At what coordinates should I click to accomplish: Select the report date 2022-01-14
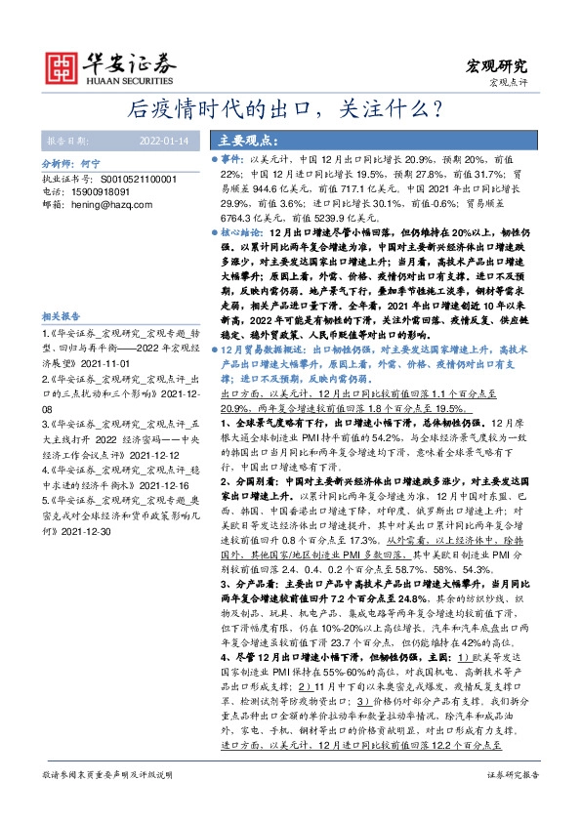tap(161, 139)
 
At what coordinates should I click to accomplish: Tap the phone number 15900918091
tap(94, 193)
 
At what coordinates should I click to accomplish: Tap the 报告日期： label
tap(66, 139)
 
